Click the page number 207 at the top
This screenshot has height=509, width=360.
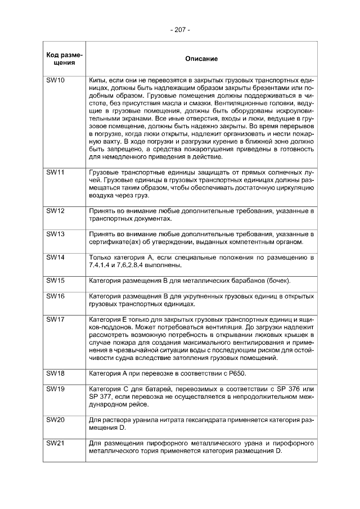pyautogui.click(x=180, y=29)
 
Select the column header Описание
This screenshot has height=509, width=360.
pyautogui.click(x=201, y=58)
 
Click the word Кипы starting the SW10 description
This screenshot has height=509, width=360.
pyautogui.click(x=98, y=81)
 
